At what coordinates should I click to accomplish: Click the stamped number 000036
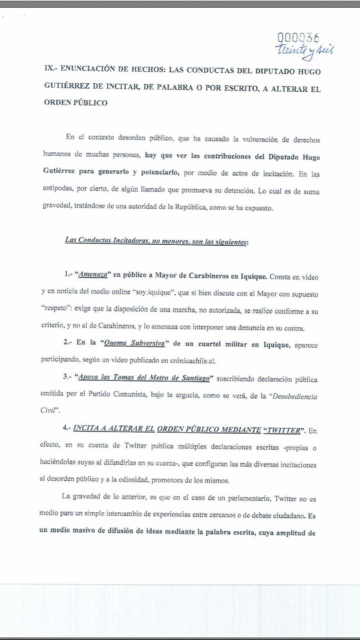(298, 37)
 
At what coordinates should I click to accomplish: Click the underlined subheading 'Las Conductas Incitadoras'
(156, 240)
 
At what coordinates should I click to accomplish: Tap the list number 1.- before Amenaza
(68, 276)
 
